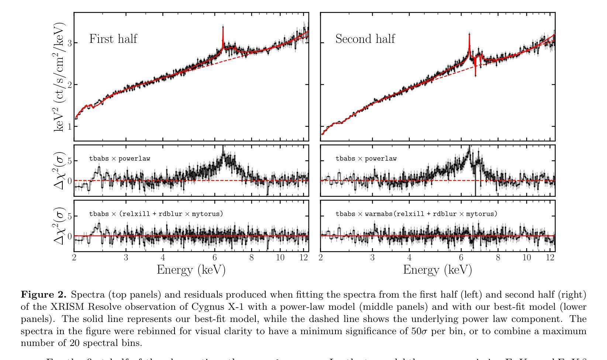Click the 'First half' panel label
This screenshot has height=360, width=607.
tap(113, 39)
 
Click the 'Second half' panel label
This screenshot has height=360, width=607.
tap(365, 39)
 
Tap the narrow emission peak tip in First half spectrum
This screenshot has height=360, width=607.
tap(223, 27)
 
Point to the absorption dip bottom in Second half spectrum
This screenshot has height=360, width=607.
tap(475, 75)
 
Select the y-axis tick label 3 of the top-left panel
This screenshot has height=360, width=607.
tap(68, 43)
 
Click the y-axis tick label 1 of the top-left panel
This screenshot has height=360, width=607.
tap(68, 127)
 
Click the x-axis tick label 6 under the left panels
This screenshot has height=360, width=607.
tap(215, 258)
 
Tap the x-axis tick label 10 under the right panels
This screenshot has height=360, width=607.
tap(527, 258)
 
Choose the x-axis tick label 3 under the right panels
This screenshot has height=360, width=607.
tap(372, 258)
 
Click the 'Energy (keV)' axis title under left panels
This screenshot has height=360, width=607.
tap(191, 270)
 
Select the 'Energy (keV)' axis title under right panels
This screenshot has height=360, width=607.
tap(437, 270)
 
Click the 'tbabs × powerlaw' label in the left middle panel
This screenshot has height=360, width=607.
tap(120, 159)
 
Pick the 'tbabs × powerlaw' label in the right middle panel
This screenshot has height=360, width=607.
tap(366, 159)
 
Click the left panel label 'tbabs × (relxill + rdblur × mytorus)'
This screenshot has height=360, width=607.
tap(156, 214)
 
